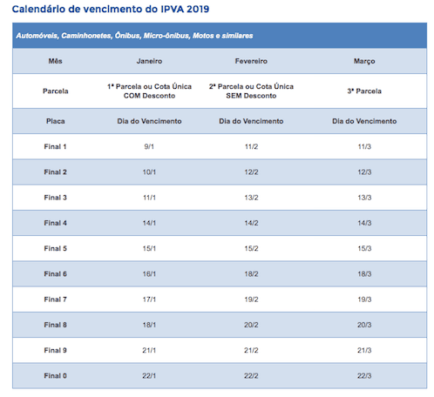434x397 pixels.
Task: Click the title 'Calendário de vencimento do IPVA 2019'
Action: click(111, 10)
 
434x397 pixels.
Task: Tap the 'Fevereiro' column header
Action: click(251, 63)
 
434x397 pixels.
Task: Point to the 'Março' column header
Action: click(364, 63)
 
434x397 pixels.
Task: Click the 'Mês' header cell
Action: click(55, 63)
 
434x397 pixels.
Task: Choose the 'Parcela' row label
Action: click(55, 91)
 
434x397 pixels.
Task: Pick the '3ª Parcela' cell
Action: click(364, 91)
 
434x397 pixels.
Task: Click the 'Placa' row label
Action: click(55, 121)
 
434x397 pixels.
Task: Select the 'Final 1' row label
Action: click(55, 146)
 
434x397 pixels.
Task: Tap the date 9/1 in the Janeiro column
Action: click(149, 146)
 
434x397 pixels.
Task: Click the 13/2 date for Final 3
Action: click(251, 198)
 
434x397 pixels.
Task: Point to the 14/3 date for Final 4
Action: click(364, 223)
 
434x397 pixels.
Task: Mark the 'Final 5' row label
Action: click(55, 248)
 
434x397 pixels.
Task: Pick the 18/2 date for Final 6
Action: click(251, 273)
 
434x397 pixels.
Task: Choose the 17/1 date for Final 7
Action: click(149, 299)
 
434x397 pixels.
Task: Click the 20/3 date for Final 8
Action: click(364, 325)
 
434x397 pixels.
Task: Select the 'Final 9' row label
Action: click(55, 350)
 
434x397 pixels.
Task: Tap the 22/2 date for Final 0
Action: click(251, 375)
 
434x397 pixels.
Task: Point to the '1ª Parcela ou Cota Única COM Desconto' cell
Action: click(149, 91)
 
